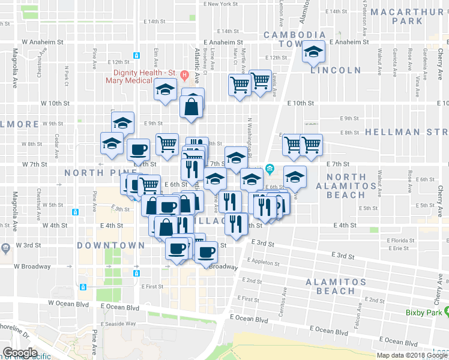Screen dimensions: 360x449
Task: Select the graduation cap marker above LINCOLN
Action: point(313,53)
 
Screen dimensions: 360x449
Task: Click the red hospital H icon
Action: point(185,76)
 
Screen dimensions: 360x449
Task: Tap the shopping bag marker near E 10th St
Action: point(191,107)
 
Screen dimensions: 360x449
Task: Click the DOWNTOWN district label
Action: point(111,245)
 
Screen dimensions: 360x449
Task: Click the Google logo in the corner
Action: point(20,353)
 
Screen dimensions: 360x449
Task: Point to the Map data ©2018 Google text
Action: point(412,355)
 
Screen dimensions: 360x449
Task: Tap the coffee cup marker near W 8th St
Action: point(138,149)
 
